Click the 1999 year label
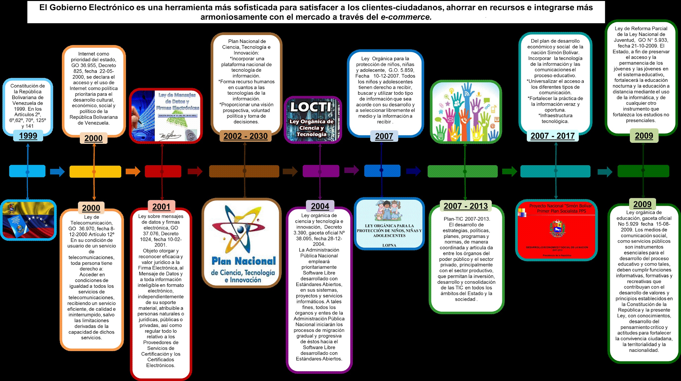(x=28, y=136)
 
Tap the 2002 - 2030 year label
(x=245, y=136)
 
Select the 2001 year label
(x=161, y=207)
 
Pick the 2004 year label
(x=320, y=206)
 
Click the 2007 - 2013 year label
(x=466, y=206)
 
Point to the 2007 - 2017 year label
(x=553, y=136)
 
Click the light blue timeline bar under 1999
(x=27, y=171)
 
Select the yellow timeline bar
(x=95, y=171)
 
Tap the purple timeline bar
(x=321, y=171)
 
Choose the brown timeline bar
(x=244, y=171)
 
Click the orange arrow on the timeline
(x=133, y=171)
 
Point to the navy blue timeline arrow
(x=413, y=171)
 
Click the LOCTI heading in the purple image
(x=311, y=107)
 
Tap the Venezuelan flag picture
(x=28, y=220)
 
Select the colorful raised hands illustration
(x=466, y=112)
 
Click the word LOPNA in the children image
(x=389, y=245)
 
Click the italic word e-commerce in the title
(x=406, y=17)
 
